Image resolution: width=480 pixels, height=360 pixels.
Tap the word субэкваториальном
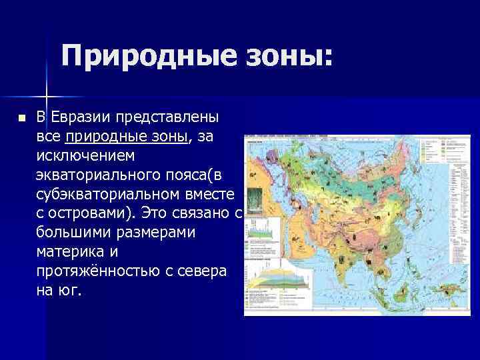click(x=111, y=195)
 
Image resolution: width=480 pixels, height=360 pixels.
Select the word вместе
click(x=211, y=195)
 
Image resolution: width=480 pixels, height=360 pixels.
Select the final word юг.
click(x=70, y=291)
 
